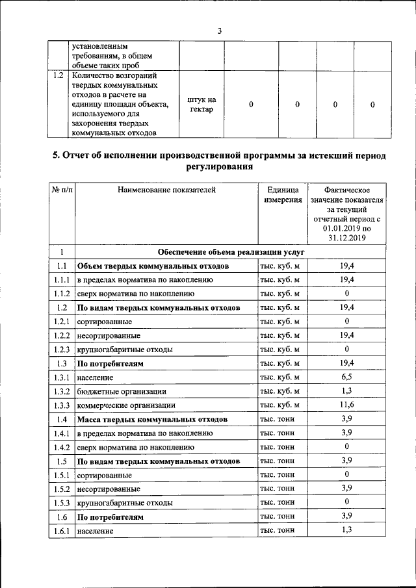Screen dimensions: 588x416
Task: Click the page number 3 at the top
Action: (x=220, y=31)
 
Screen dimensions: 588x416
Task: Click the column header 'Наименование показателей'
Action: (x=166, y=190)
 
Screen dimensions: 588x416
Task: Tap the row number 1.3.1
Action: (x=62, y=377)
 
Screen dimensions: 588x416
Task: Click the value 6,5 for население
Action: (x=347, y=377)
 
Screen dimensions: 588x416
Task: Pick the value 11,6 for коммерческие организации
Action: (x=347, y=405)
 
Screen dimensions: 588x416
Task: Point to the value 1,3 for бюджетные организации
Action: (x=347, y=391)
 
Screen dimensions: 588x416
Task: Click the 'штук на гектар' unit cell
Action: (x=201, y=105)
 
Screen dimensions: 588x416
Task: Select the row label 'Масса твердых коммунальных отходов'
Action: (x=152, y=419)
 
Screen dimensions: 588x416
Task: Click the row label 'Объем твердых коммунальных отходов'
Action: (x=153, y=266)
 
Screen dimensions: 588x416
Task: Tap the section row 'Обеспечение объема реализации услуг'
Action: (x=231, y=251)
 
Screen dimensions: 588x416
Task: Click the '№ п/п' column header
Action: (x=62, y=190)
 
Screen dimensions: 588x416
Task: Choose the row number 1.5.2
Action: (x=62, y=489)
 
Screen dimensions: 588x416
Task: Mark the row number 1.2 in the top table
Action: (x=58, y=75)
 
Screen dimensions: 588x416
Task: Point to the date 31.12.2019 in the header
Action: (x=347, y=238)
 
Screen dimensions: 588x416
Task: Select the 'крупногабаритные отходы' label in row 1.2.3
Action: (x=124, y=350)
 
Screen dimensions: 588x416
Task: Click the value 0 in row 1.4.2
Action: (x=347, y=447)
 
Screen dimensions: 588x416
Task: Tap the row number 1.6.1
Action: (x=62, y=531)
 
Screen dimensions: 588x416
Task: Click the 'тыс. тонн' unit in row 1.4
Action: (x=276, y=419)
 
